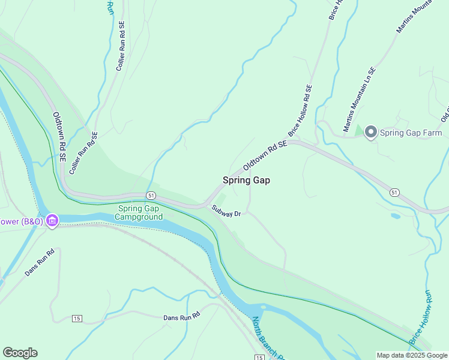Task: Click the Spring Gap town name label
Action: tap(246, 180)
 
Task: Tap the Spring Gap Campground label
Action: tap(139, 212)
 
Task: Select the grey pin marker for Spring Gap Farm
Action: tap(370, 133)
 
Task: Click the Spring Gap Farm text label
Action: tap(411, 133)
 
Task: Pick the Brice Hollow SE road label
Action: tap(301, 110)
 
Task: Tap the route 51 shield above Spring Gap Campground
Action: tap(151, 196)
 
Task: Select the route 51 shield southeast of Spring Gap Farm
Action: tap(394, 192)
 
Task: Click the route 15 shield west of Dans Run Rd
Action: tap(76, 317)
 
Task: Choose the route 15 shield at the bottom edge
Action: tap(259, 357)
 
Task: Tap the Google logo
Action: tap(20, 353)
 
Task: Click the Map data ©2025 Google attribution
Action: tap(412, 355)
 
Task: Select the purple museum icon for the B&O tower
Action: tap(52, 221)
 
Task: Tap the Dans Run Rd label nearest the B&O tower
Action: tap(40, 262)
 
